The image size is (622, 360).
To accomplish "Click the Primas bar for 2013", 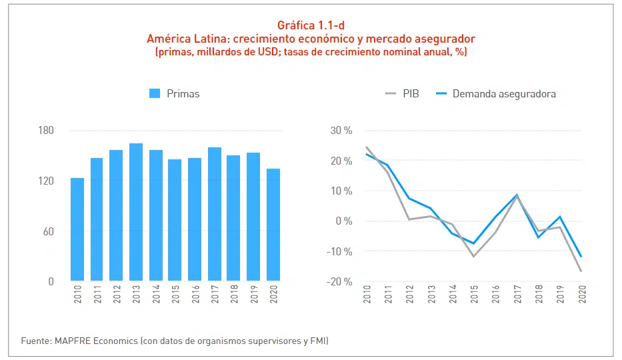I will point(136,212).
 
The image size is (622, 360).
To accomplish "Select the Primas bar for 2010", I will point(77,229).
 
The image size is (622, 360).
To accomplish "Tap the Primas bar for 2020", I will point(273,225).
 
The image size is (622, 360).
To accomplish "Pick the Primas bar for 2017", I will point(215,214).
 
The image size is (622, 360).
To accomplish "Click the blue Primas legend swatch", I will point(155,94).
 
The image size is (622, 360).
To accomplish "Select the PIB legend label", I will point(411,94).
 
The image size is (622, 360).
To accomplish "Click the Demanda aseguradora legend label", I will point(503,94).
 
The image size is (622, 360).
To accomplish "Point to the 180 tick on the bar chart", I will point(45,131).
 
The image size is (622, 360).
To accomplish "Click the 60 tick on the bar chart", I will point(48,231).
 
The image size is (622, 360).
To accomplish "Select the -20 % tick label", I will point(340,281).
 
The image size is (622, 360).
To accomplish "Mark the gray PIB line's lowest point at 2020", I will point(581,271).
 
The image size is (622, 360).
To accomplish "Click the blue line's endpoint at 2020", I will point(581,257).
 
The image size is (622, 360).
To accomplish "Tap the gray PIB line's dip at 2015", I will point(474,257).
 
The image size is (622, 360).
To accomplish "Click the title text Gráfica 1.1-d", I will point(311,26).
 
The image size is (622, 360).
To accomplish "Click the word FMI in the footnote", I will point(318,341).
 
